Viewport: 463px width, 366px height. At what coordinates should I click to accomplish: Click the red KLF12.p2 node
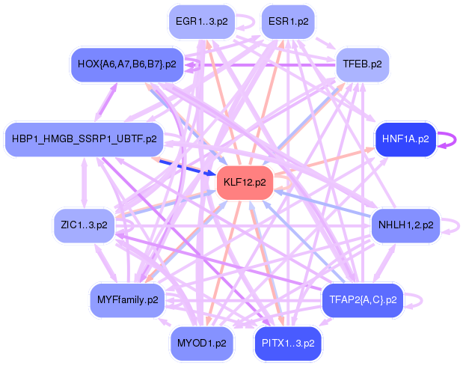(x=244, y=183)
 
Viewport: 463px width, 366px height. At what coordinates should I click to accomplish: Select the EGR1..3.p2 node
(x=196, y=21)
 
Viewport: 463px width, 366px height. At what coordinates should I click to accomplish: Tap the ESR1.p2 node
(x=288, y=21)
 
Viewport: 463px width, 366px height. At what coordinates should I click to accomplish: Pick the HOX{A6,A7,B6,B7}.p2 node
(x=127, y=64)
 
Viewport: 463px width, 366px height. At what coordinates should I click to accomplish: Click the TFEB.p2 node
(x=362, y=64)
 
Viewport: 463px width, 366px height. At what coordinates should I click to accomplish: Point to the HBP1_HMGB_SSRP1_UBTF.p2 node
(x=84, y=139)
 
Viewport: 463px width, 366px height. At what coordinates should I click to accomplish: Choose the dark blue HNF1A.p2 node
(x=405, y=139)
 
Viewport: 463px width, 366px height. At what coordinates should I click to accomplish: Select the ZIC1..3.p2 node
(x=84, y=225)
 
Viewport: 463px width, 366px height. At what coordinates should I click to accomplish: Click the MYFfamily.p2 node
(x=127, y=300)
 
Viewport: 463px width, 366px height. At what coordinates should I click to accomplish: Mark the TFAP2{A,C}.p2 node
(x=363, y=300)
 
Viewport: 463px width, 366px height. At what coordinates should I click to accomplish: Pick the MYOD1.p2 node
(x=201, y=343)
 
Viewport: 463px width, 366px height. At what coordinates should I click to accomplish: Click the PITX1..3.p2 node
(x=288, y=343)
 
